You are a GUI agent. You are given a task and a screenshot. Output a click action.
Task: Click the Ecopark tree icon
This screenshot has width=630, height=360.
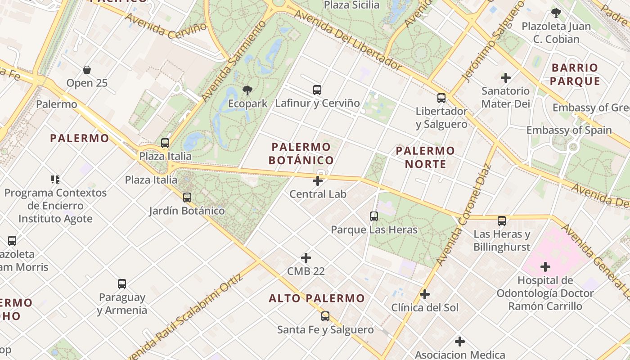click(247, 90)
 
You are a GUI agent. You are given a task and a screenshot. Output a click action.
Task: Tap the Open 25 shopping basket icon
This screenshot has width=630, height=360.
click(87, 70)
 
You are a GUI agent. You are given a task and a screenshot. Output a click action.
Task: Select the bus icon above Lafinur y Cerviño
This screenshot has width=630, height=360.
click(317, 90)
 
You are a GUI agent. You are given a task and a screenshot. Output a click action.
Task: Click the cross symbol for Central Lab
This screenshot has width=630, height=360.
click(318, 181)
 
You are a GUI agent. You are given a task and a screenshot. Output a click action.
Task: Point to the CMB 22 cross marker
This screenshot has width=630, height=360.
click(306, 258)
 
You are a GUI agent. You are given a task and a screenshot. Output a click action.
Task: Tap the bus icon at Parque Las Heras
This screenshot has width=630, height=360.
click(374, 216)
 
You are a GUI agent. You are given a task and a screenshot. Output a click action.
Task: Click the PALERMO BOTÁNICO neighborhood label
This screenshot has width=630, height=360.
click(301, 153)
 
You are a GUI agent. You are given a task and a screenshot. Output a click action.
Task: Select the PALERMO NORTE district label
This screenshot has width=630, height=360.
click(425, 157)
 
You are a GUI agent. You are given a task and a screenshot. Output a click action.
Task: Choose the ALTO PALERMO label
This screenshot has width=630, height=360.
click(317, 298)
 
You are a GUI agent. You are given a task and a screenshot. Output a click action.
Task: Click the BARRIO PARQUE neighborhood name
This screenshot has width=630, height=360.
click(575, 74)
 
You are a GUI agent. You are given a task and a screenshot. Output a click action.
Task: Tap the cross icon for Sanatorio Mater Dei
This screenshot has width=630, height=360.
click(506, 78)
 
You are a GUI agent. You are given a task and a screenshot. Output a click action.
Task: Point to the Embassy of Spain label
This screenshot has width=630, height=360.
click(569, 130)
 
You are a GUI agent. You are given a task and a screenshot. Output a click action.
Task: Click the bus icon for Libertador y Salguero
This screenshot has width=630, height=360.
click(441, 98)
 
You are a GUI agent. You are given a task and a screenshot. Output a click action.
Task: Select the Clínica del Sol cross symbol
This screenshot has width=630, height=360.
click(424, 295)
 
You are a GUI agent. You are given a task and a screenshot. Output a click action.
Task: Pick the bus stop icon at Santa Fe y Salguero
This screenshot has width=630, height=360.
click(325, 316)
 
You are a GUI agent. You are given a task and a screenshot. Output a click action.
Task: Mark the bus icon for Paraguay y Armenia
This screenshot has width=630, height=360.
click(122, 284)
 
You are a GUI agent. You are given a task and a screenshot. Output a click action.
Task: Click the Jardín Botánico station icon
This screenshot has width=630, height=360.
click(187, 197)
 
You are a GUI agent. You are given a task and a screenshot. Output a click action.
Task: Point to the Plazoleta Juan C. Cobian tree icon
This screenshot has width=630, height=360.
click(556, 13)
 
